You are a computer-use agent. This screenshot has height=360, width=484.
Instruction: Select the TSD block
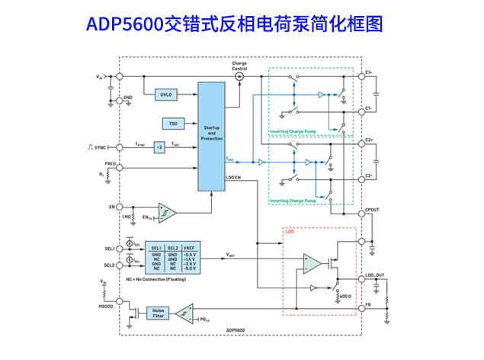click(172, 123)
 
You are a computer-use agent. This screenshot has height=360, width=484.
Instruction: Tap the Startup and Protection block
click(211, 134)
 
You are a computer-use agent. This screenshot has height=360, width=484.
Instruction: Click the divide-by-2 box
click(159, 146)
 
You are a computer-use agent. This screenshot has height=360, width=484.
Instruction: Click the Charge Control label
click(239, 66)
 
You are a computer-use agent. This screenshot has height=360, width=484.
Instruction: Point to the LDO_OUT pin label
click(376, 275)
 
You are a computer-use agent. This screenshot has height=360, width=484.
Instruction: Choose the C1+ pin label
click(369, 72)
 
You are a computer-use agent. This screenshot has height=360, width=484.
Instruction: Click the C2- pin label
click(369, 175)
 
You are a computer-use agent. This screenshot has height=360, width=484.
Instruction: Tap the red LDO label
click(291, 231)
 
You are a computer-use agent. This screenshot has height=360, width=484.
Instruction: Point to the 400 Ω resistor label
click(345, 295)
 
